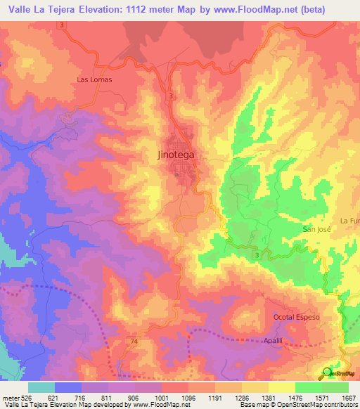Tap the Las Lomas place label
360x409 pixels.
coord(94,79)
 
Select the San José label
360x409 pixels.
coord(316,229)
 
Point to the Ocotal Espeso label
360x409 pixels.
coord(296,317)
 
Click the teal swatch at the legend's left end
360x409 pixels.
coord(41,387)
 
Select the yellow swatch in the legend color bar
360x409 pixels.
coord(281,387)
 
